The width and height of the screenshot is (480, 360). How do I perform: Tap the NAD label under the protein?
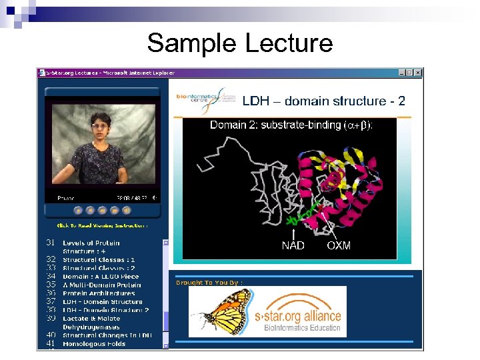[293, 246]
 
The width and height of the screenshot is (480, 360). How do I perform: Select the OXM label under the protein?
[339, 246]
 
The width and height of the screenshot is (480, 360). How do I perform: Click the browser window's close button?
[418, 72]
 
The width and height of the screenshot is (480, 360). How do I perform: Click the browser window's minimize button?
[402, 72]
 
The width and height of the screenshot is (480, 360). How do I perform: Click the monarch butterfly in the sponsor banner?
[218, 311]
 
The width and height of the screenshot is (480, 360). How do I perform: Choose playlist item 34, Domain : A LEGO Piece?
[101, 276]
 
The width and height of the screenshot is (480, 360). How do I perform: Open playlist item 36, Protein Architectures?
[99, 293]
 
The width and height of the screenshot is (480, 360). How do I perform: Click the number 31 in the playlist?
[51, 243]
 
